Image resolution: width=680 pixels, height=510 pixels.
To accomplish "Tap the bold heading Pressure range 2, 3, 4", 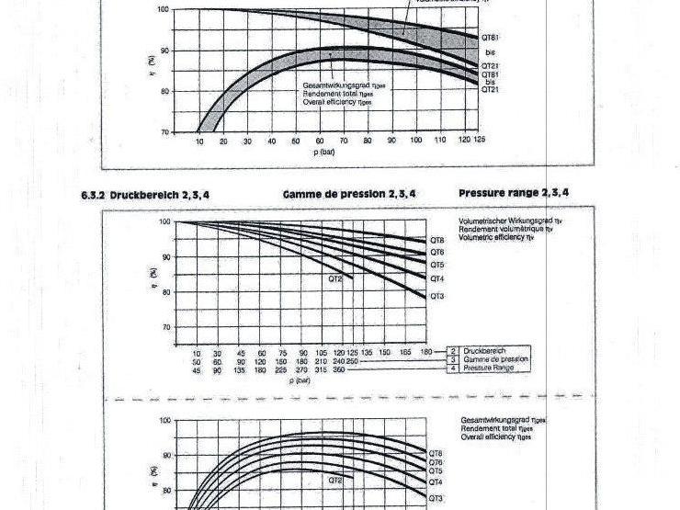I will pos(514,193).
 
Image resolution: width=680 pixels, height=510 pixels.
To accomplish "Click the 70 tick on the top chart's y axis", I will pos(164,132).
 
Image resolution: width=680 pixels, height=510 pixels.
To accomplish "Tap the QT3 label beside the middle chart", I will pos(437,296).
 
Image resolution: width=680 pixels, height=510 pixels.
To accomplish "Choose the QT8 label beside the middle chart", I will pos(437,241).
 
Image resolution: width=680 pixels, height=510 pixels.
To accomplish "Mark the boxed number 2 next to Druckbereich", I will pos(452,352).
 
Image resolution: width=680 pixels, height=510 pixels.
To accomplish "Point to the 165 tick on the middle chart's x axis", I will pos(406,353).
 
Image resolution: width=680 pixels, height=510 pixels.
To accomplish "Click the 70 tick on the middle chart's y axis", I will pos(164,327).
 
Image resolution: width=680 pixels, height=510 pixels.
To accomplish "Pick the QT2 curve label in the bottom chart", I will pos(335,480).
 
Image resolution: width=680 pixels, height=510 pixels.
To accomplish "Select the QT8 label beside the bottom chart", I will pos(436,453).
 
